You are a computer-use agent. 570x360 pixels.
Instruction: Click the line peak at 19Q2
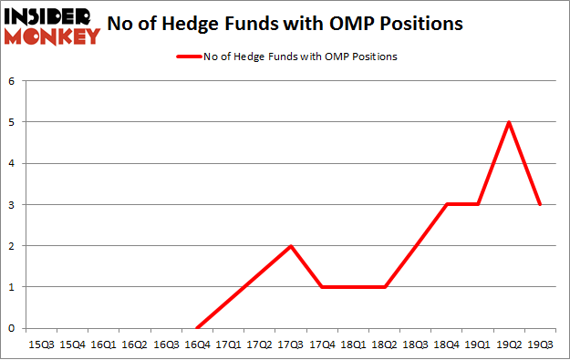pyautogui.click(x=509, y=122)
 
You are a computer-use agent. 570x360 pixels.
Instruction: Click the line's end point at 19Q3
pyautogui.click(x=541, y=204)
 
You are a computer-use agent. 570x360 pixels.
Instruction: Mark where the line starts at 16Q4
pyautogui.click(x=197, y=328)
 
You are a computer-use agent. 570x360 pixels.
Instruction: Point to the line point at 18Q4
pyautogui.click(x=447, y=204)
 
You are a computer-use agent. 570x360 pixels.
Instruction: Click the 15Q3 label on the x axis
pyautogui.click(x=42, y=346)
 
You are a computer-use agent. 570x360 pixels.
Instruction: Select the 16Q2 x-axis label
pyautogui.click(x=135, y=346)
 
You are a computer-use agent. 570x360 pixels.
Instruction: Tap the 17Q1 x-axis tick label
pyautogui.click(x=228, y=346)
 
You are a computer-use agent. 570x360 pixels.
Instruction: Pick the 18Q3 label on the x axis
pyautogui.click(x=416, y=346)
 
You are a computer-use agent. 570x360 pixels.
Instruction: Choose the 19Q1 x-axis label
pyautogui.click(x=478, y=346)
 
